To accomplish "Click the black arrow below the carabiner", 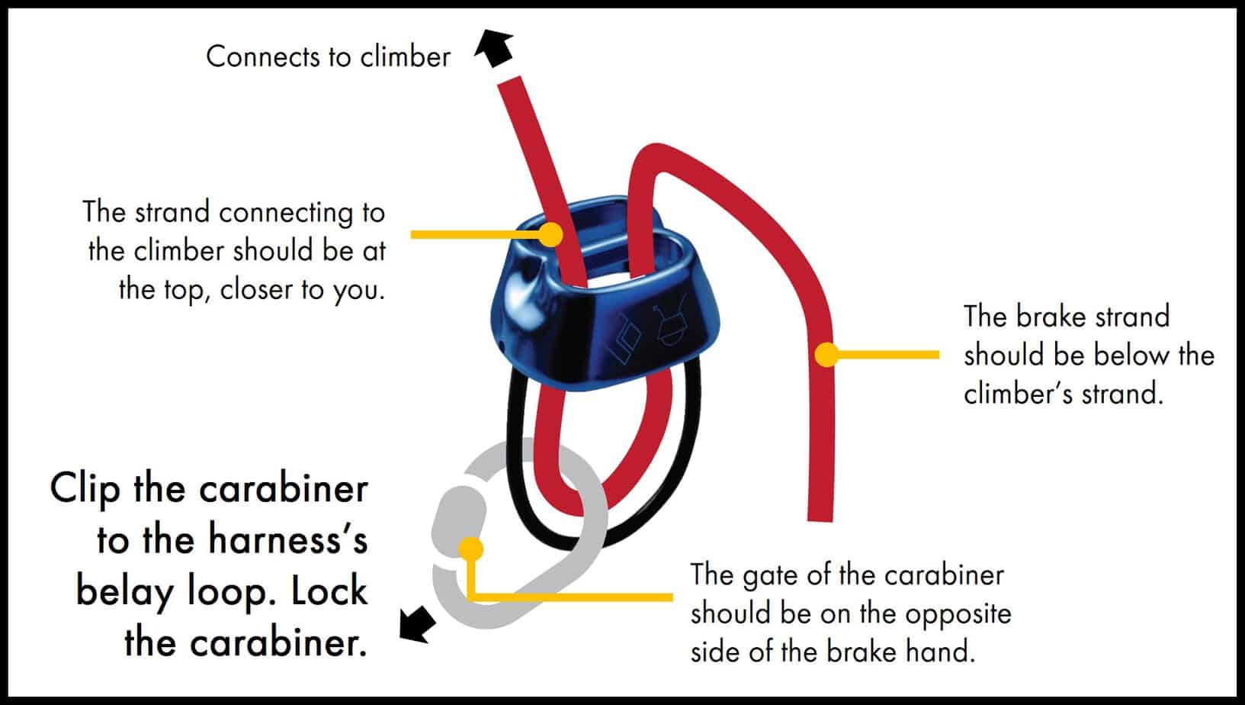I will click(417, 623).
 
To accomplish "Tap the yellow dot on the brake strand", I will click(826, 354).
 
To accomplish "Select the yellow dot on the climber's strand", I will click(550, 233).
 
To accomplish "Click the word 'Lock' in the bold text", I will click(329, 591).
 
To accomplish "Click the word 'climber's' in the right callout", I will click(1016, 394).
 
